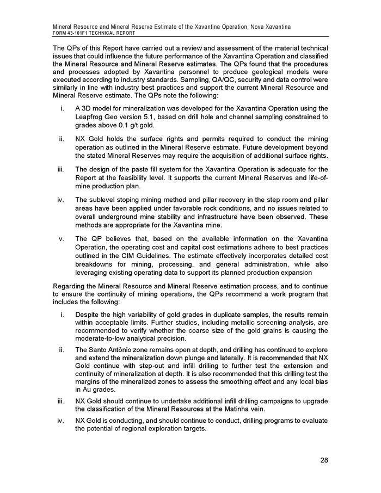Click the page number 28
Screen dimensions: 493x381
324,461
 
